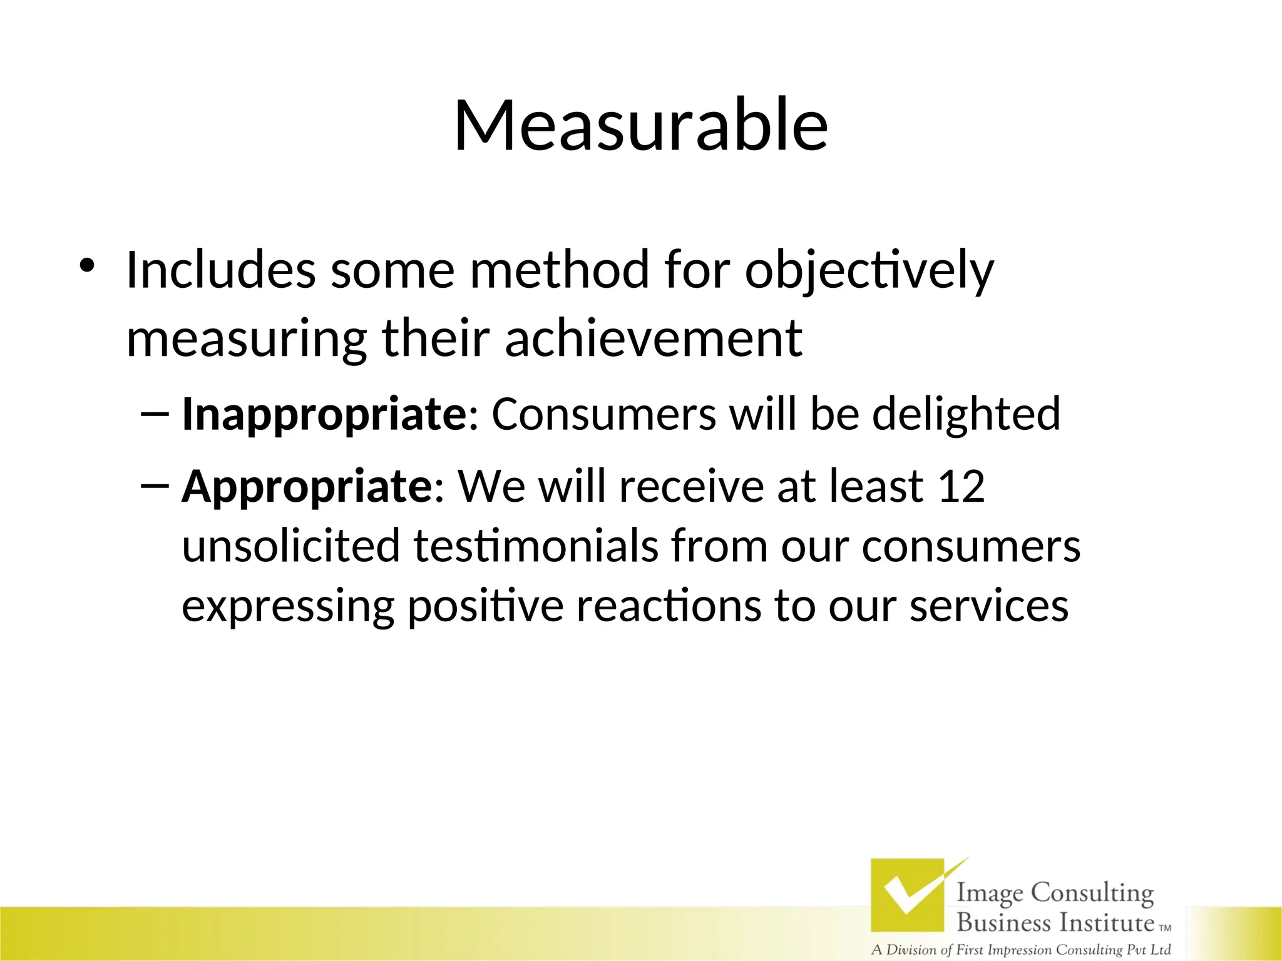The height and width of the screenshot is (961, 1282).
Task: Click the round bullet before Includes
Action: tap(86, 267)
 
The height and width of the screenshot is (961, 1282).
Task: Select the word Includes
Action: tap(220, 270)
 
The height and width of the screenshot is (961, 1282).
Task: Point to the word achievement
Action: tap(653, 338)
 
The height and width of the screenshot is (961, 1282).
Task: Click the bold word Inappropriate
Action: tap(323, 415)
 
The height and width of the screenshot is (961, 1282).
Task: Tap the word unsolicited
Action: tap(290, 546)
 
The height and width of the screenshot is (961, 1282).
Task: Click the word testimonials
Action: tap(535, 546)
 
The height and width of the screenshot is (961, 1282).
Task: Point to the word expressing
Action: tap(287, 607)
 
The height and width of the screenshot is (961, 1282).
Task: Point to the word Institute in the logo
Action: tap(1107, 923)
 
